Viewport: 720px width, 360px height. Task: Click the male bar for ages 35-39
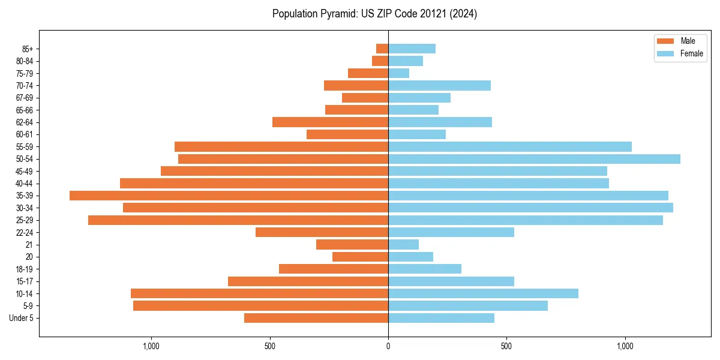(229, 196)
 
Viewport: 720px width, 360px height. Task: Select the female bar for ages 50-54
(534, 159)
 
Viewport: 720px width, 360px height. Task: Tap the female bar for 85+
(412, 49)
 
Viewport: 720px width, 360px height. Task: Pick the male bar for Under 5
(316, 318)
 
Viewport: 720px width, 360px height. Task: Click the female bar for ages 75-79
(398, 73)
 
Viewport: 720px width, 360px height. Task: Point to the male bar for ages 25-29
(238, 220)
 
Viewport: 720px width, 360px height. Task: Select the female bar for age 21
(403, 245)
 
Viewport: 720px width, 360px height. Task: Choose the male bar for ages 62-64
(330, 122)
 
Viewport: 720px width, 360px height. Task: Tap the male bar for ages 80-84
(380, 61)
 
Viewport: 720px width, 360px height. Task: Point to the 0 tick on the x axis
(388, 346)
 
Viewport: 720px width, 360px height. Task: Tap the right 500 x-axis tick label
(506, 346)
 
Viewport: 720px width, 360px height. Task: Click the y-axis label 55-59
(25, 147)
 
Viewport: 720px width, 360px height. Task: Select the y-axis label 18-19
(25, 269)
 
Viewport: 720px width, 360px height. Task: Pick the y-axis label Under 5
(22, 318)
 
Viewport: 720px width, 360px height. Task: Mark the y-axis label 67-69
(25, 98)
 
